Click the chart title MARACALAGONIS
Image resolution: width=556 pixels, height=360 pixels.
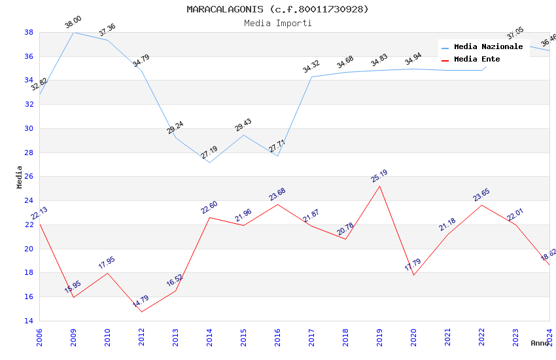click(x=277, y=9)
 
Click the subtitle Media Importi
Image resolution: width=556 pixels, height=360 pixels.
click(x=277, y=23)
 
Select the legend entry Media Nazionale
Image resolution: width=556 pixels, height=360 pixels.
click(x=488, y=47)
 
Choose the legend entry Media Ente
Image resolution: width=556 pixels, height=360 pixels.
click(x=477, y=60)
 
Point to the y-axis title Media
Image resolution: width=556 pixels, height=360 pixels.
click(x=20, y=177)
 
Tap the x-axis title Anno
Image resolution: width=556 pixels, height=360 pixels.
click(x=540, y=343)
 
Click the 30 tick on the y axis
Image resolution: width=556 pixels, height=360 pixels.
click(x=29, y=128)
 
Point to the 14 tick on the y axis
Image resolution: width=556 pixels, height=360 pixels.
click(x=29, y=321)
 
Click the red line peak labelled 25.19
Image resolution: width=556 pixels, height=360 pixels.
click(x=379, y=186)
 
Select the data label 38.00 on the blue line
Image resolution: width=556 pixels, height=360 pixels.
click(x=73, y=24)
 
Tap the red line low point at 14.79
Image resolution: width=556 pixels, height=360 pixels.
click(x=141, y=312)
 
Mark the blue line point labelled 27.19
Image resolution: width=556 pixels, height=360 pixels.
click(x=209, y=162)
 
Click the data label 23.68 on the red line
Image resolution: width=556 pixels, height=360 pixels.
click(x=277, y=194)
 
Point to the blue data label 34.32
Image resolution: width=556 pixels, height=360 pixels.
click(x=311, y=66)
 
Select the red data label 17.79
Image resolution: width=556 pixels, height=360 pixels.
click(x=413, y=265)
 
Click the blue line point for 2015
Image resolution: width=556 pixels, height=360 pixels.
click(x=243, y=135)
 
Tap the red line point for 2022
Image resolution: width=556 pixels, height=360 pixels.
click(x=481, y=205)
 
